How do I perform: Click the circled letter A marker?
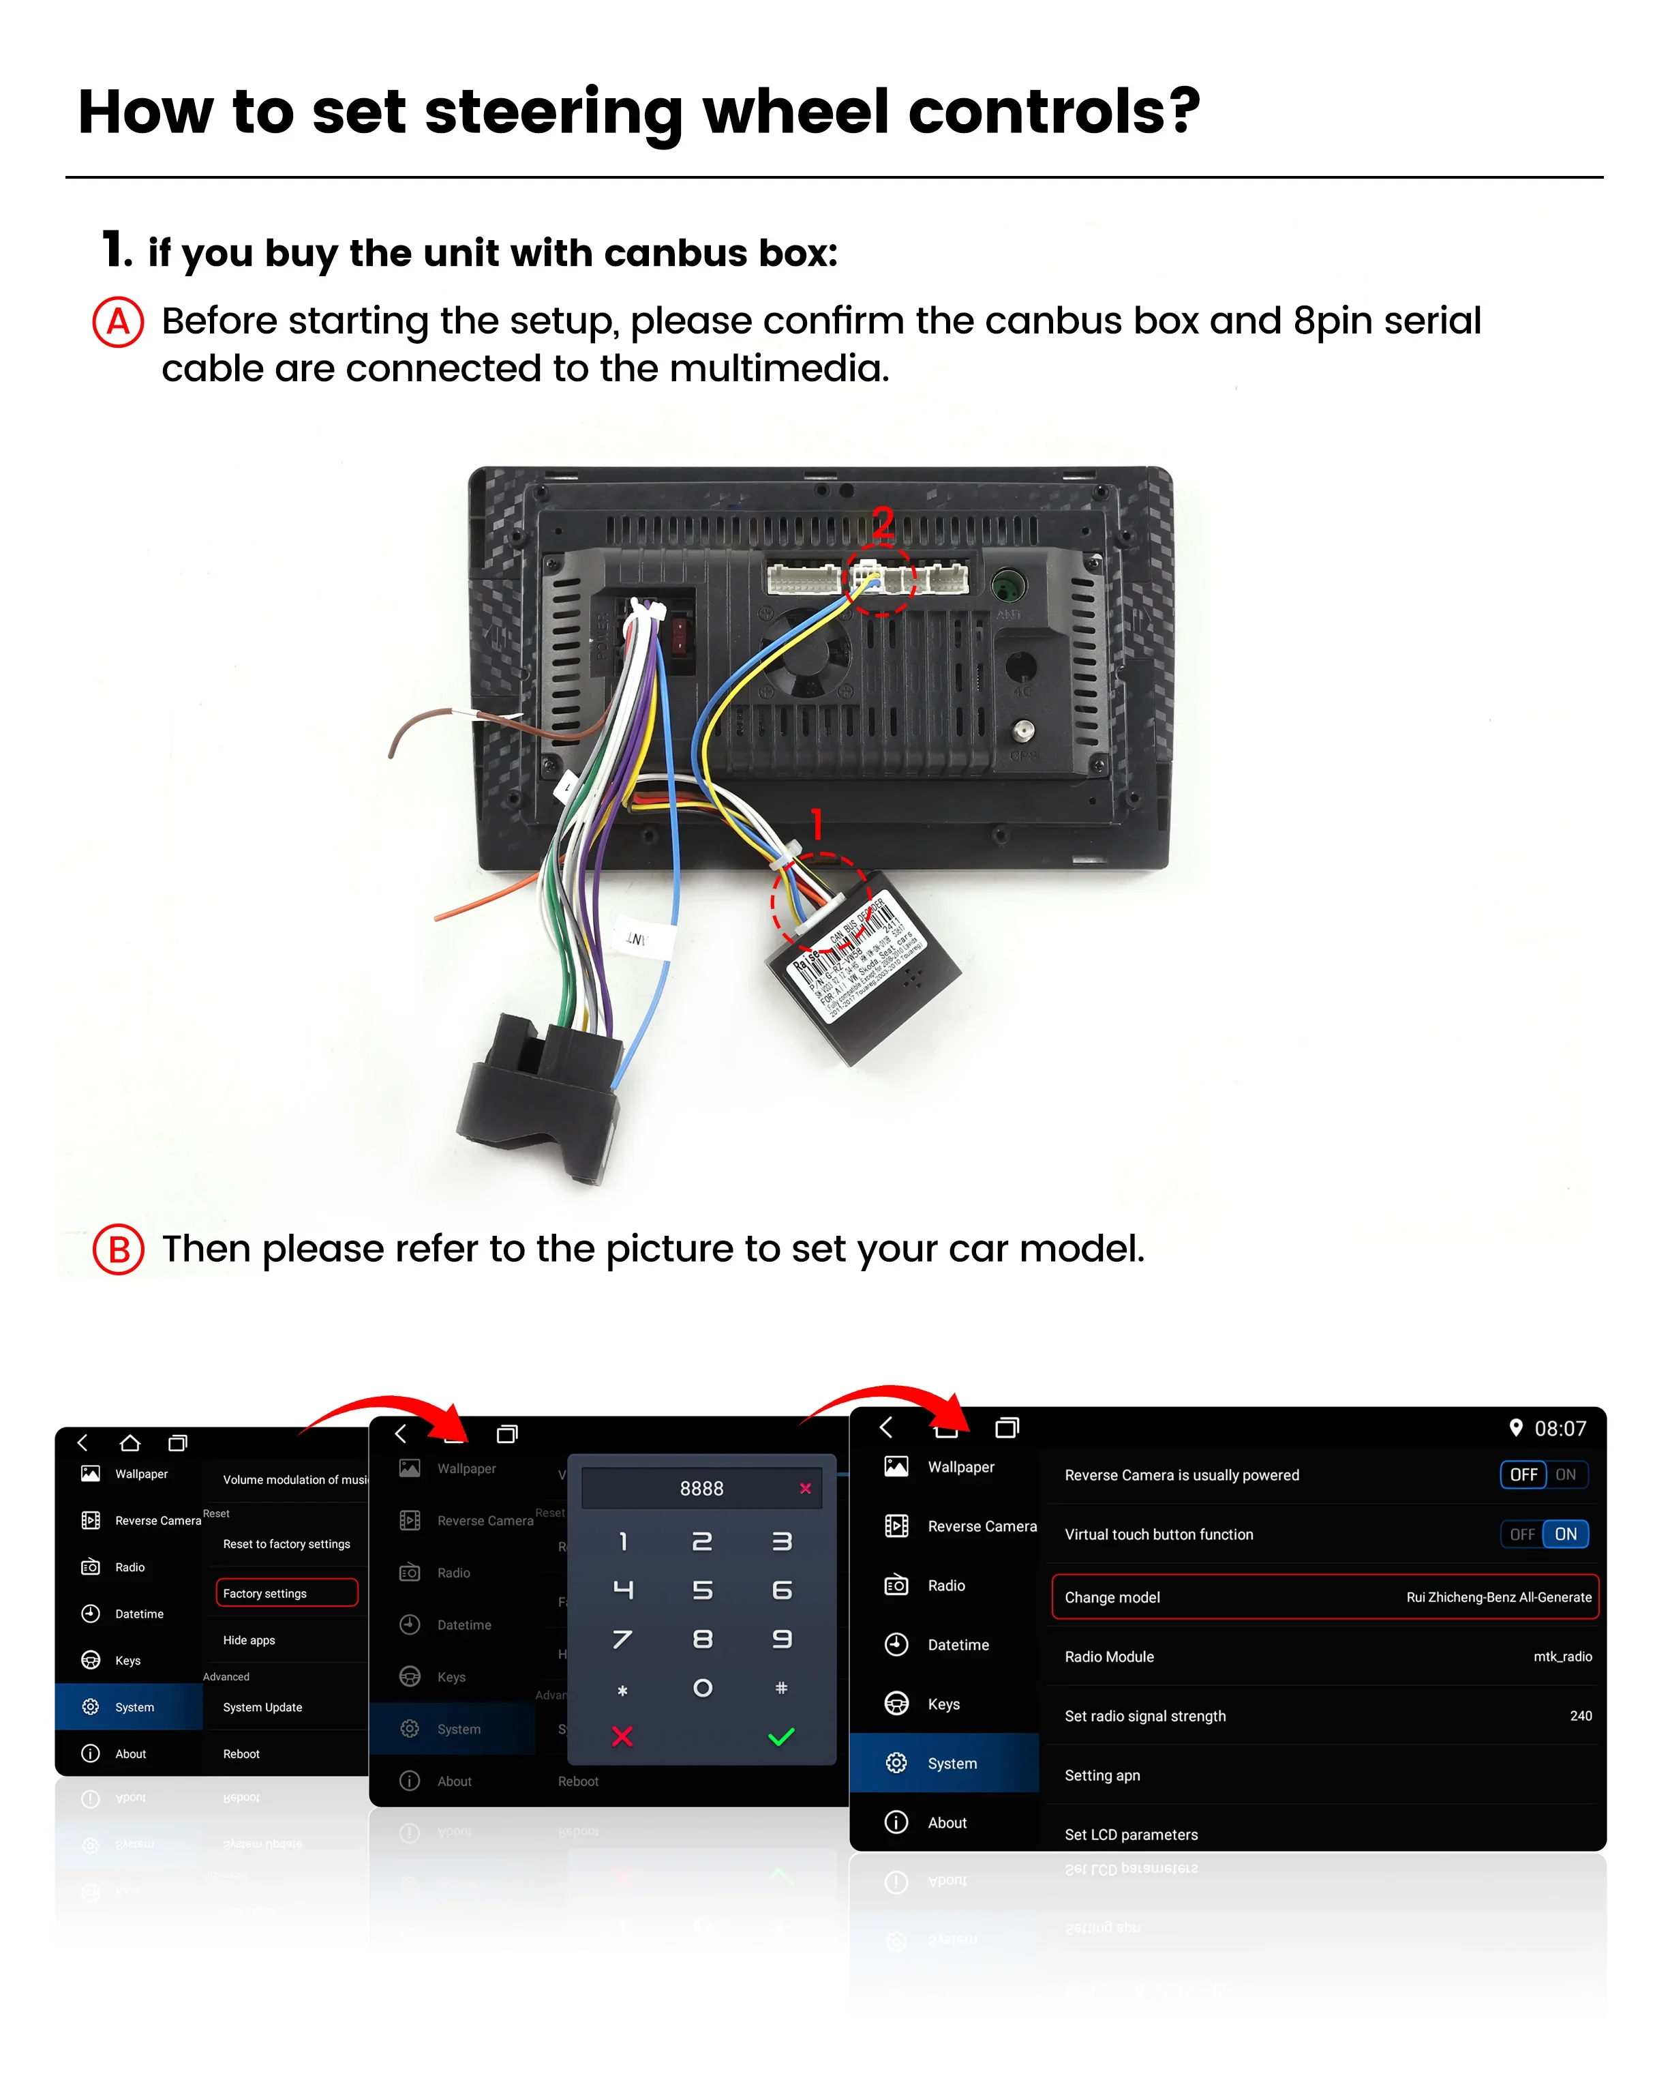pos(117,322)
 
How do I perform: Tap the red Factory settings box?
pos(286,1592)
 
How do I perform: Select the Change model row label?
pos(1112,1597)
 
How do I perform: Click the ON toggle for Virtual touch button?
pos(1565,1534)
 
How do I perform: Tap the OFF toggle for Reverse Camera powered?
pos(1523,1474)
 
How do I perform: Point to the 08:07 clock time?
pos(1560,1428)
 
